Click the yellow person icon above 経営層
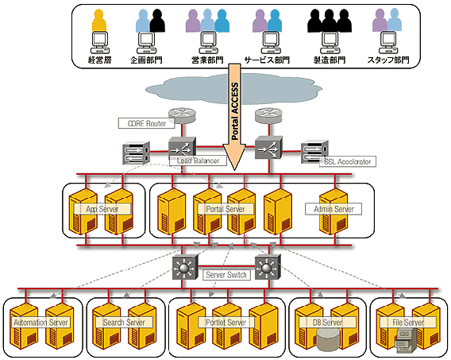[x=98, y=20]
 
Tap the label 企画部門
[x=148, y=60]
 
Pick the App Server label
[x=102, y=209]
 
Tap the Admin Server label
[x=333, y=209]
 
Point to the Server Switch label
[x=225, y=274]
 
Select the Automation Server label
[x=41, y=323]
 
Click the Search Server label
[x=123, y=323]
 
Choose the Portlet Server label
[x=226, y=323]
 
